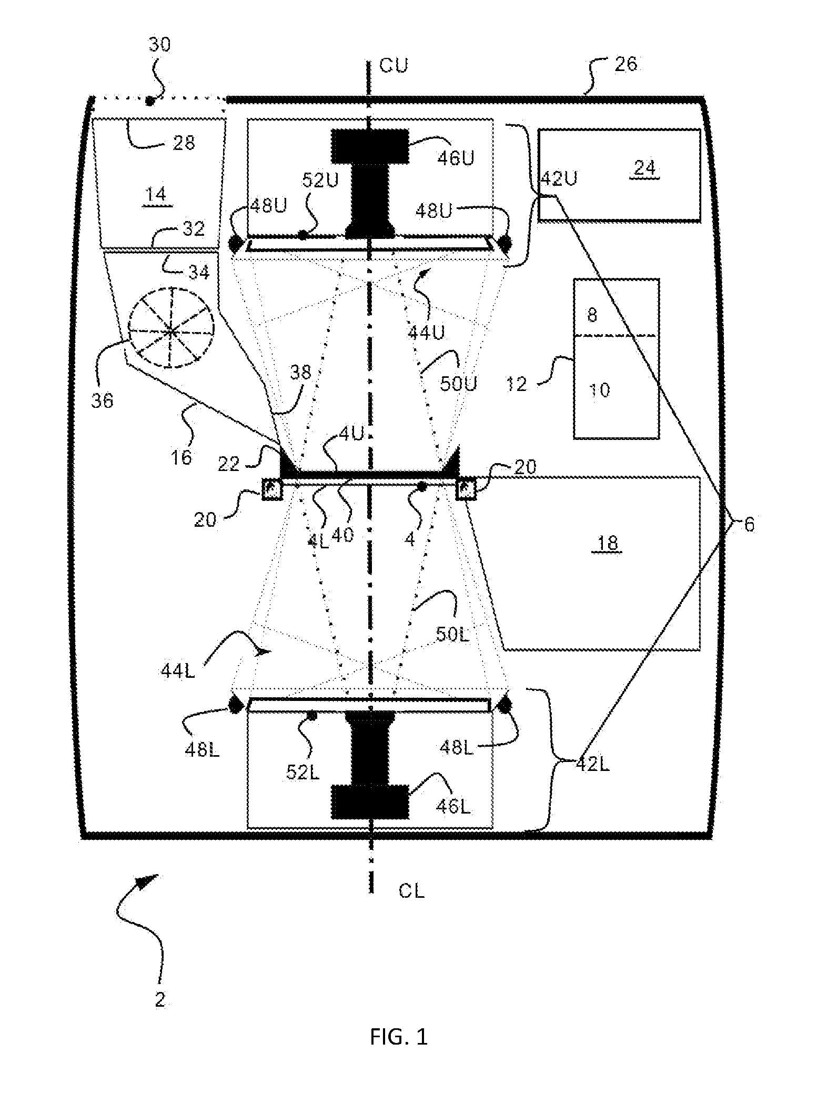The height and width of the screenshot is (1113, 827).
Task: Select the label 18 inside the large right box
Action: pyautogui.click(x=608, y=543)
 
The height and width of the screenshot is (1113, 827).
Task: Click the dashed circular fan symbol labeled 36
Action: pyautogui.click(x=172, y=330)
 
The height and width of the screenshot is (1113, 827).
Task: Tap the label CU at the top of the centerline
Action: pyautogui.click(x=394, y=66)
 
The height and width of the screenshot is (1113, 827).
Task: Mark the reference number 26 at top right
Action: pyautogui.click(x=626, y=64)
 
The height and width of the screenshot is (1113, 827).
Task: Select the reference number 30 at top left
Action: pyautogui.click(x=159, y=44)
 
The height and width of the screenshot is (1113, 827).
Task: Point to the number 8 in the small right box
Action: pyautogui.click(x=592, y=315)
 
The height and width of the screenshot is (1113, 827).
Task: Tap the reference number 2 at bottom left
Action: pyautogui.click(x=160, y=1000)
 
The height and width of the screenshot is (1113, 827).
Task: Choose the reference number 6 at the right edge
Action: pyautogui.click(x=749, y=524)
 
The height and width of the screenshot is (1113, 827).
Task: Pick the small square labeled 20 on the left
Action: pyautogui.click(x=272, y=490)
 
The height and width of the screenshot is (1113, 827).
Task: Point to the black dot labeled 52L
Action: pyautogui.click(x=312, y=715)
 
